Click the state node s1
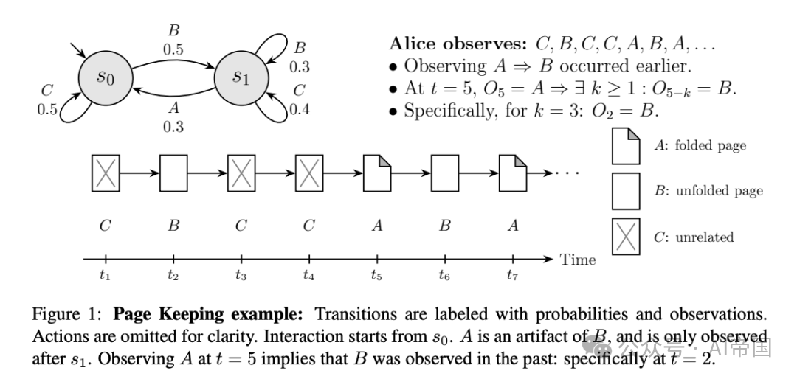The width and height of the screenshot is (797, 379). click(241, 77)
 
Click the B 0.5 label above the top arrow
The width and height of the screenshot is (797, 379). click(173, 43)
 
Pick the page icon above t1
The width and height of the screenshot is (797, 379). click(106, 174)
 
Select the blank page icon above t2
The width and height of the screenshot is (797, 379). click(173, 174)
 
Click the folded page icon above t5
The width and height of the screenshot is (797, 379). click(377, 174)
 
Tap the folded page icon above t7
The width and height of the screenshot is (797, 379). click(513, 174)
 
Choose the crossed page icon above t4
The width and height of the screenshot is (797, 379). click(309, 174)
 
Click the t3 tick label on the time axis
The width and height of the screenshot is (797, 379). click(241, 275)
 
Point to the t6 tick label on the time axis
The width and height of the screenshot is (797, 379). click(445, 275)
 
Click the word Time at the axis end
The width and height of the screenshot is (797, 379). click(577, 260)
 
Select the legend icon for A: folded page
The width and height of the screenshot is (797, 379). click(626, 145)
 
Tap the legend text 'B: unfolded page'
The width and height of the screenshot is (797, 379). click(708, 191)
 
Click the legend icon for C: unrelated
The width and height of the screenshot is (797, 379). click(626, 237)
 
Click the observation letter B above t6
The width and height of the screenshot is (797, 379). click(445, 226)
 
